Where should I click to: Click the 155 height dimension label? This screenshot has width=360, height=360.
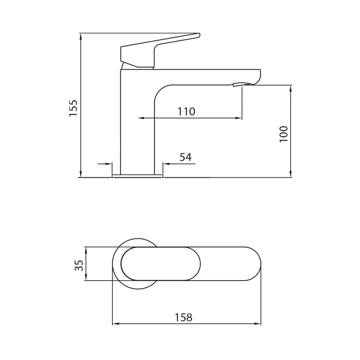tap(73, 108)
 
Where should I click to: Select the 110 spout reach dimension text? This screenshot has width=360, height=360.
tap(186, 111)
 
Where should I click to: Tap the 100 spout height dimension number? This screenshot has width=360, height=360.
tap(283, 134)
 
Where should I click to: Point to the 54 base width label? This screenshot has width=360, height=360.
tap(186, 157)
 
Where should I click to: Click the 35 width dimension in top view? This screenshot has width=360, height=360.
tap(79, 265)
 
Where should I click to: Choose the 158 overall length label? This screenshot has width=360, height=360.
tap(184, 317)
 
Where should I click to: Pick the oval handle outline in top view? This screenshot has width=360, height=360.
tap(161, 264)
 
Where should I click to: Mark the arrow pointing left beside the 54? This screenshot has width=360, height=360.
tap(166, 164)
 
